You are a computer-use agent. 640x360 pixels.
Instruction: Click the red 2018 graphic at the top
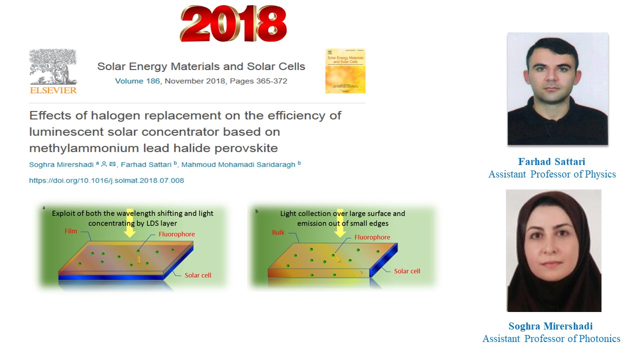tap(233, 23)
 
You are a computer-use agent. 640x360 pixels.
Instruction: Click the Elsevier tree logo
tap(53, 67)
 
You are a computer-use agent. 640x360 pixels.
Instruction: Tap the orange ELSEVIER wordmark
tap(53, 90)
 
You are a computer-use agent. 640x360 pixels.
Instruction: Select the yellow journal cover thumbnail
tap(345, 71)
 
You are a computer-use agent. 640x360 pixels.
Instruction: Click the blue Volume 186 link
tap(137, 81)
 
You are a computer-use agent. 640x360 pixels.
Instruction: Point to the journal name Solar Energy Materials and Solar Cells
tap(201, 66)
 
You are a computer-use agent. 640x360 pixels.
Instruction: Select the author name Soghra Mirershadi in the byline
tap(61, 164)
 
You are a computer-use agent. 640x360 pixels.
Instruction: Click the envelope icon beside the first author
tap(112, 164)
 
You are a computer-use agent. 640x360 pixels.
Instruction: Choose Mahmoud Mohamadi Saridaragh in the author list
tap(238, 164)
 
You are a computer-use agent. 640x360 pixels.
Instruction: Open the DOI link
tap(106, 180)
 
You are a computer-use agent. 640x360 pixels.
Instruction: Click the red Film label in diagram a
tap(71, 231)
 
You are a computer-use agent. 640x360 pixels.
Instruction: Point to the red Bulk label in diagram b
tap(278, 232)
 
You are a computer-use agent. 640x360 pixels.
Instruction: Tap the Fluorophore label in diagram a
tap(177, 234)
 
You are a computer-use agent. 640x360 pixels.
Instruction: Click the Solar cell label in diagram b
tap(407, 271)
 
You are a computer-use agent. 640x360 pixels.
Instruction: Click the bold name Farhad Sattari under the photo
tap(551, 161)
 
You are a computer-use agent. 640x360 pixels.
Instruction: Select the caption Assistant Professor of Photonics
tap(551, 338)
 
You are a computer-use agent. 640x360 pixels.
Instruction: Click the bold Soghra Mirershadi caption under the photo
tap(550, 326)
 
